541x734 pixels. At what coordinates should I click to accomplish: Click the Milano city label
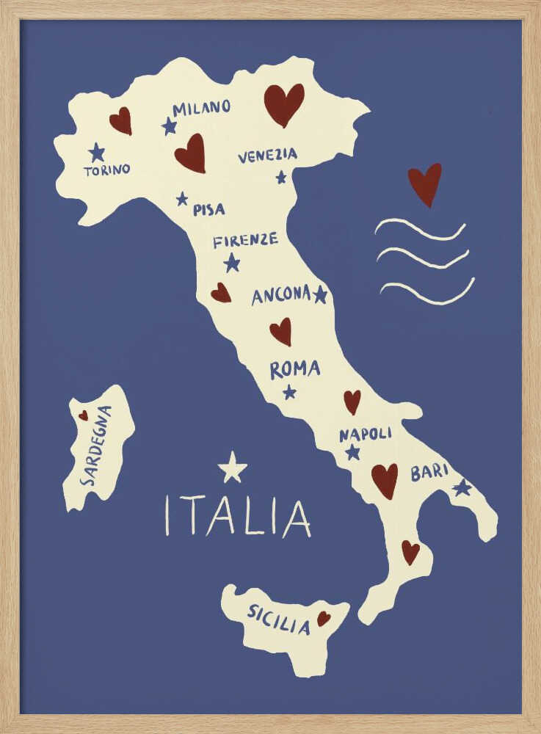pos(201,108)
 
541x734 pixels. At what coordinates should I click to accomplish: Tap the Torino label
pos(106,170)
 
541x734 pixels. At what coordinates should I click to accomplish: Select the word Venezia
pos(267,156)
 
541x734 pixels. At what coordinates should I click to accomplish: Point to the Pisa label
pos(208,209)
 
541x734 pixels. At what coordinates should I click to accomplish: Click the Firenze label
pos(245,240)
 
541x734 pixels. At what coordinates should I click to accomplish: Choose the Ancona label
pos(281,295)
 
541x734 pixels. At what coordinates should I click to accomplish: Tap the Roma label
pos(294,369)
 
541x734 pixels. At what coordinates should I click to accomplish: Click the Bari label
pos(429,472)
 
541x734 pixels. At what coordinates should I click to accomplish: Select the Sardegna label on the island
pos(98,446)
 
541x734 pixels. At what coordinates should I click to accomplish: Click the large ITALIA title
pos(237,516)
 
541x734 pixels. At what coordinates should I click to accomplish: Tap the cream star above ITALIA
pos(232,468)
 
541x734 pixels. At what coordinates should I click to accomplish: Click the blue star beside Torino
pos(96,153)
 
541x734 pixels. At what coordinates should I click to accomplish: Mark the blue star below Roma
pos(289,392)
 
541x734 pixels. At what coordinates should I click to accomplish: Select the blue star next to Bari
pos(462,487)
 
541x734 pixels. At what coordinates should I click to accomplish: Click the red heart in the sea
pos(424,183)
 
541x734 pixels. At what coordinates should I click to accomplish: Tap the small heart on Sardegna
pos(83,415)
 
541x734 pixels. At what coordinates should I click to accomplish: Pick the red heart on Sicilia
pos(323,619)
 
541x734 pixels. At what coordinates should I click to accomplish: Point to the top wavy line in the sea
pos(420,229)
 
